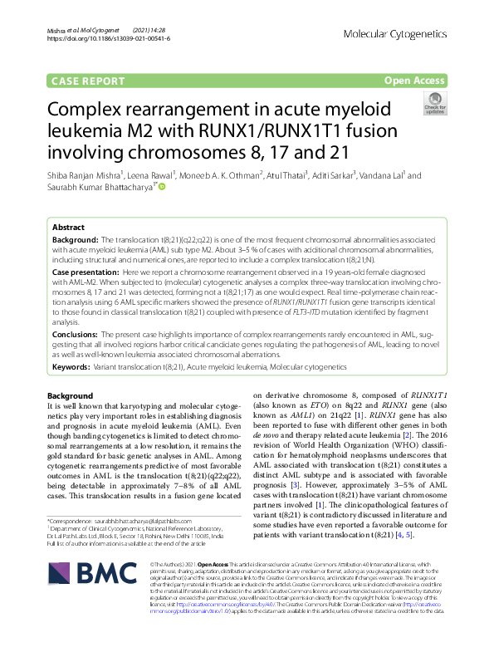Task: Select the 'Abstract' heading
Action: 68,227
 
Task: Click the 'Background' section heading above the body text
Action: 71,395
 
